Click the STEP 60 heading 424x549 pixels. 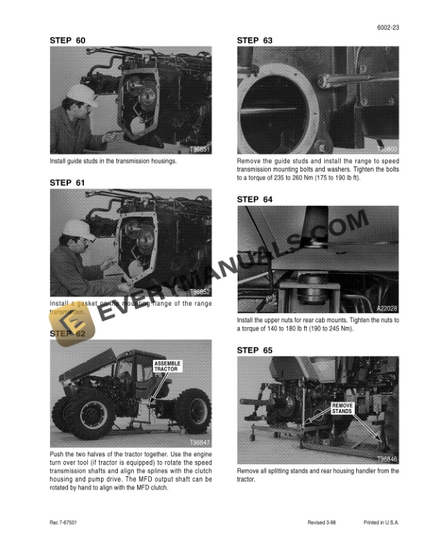(x=68, y=40)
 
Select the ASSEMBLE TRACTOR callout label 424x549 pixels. (x=166, y=366)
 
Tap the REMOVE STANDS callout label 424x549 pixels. (x=342, y=408)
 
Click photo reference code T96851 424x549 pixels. (x=200, y=149)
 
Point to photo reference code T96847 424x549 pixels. (x=200, y=442)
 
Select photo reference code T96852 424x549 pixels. (x=200, y=292)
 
